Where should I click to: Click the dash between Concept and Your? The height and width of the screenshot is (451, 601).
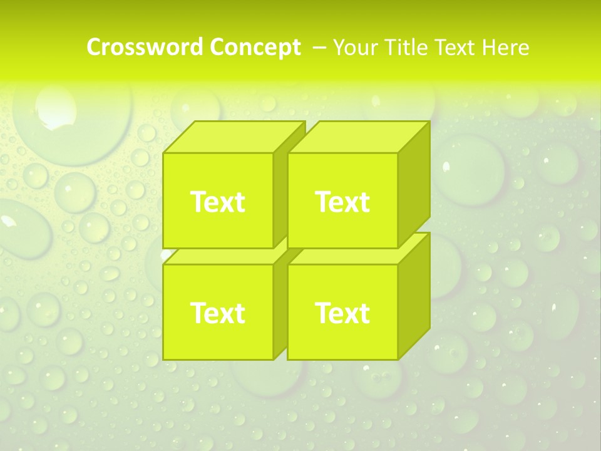click(318, 48)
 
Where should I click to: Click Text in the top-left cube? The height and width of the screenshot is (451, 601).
click(217, 202)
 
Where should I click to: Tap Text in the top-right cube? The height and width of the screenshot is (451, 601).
click(342, 202)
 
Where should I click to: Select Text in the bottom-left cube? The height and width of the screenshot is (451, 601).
click(217, 313)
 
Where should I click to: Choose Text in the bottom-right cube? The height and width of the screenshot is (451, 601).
click(342, 313)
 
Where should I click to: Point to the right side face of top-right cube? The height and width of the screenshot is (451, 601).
click(414, 185)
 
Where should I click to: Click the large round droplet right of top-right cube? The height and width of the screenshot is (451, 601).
click(470, 169)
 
